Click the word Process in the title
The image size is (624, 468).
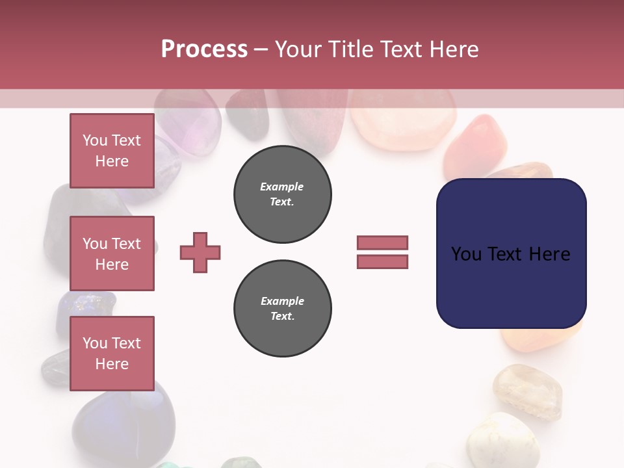204,49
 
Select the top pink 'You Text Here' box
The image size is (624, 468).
112,151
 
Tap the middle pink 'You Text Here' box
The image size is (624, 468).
112,253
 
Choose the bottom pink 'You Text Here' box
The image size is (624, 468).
112,353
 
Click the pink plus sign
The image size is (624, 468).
200,252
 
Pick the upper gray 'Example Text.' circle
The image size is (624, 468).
283,194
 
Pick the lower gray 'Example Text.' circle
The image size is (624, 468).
283,309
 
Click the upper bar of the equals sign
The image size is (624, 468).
382,242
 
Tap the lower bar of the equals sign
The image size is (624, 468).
382,261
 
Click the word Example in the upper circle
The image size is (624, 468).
282,187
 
